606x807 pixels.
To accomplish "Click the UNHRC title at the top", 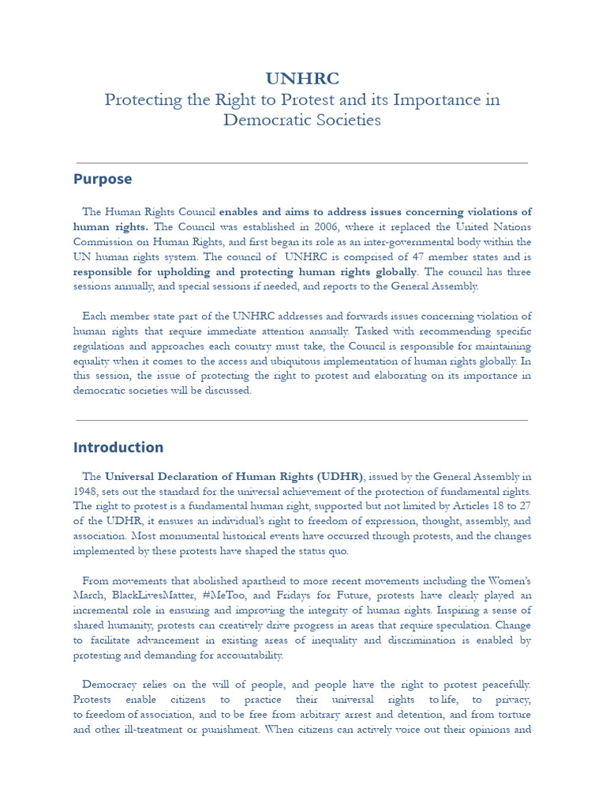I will pos(302,79).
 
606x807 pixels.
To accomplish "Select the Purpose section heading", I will pos(103,180).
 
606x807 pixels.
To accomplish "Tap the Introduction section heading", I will pos(118,448).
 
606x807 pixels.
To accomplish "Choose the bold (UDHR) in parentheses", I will pos(340,477).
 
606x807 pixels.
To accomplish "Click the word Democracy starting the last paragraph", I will pos(112,685).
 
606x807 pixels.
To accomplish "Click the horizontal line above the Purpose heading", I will pos(302,163).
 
